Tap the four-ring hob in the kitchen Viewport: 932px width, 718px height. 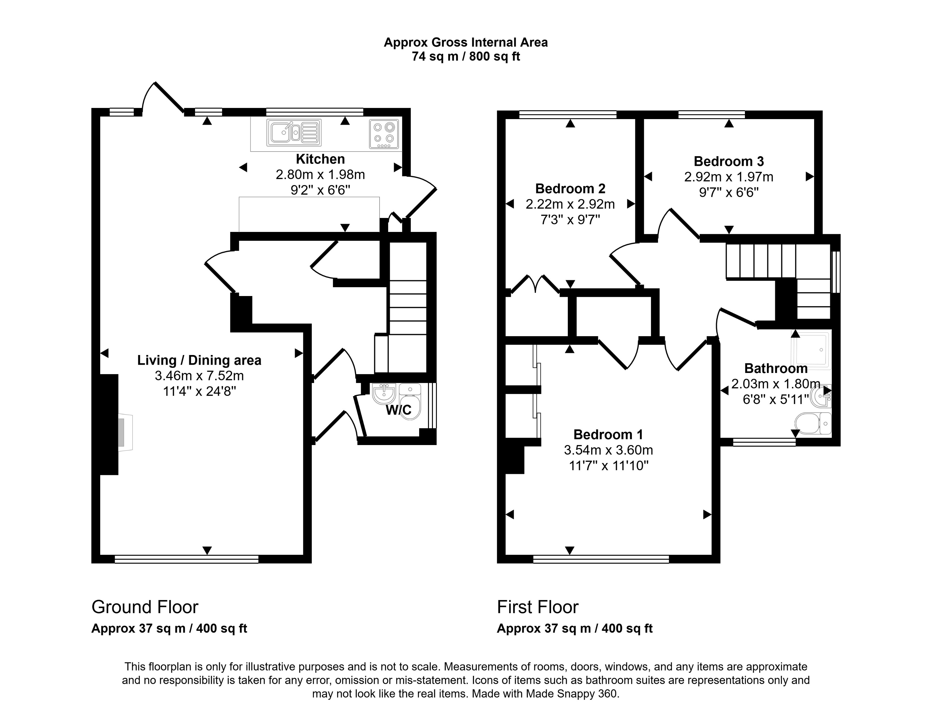point(384,134)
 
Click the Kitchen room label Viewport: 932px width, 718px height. point(320,159)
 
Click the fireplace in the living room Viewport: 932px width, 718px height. point(125,432)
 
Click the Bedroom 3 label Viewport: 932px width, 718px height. point(728,161)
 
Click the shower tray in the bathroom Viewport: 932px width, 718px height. point(810,350)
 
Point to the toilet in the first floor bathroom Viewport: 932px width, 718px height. point(813,423)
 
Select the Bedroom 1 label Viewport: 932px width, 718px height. point(608,435)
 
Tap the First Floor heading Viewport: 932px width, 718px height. point(537,607)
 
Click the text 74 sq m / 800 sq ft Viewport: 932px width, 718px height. point(466,57)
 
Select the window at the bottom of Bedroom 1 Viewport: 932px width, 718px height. point(601,559)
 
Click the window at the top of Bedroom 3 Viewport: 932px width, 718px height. point(711,115)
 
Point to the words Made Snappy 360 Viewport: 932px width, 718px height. point(572,694)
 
